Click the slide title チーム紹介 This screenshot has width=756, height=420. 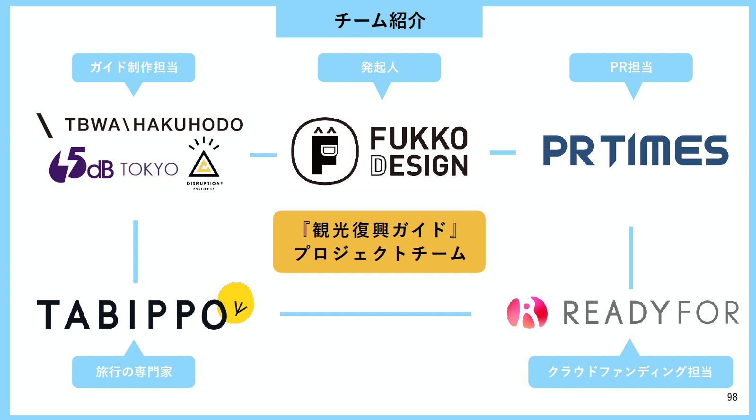coord(379,21)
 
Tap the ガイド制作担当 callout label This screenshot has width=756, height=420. coord(133,67)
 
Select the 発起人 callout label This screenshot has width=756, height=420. coord(379,67)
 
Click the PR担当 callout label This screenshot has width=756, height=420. coord(631,67)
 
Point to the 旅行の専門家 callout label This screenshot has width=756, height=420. coord(133,372)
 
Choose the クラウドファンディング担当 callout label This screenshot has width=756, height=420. coord(630,372)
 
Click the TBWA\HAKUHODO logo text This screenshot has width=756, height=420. coord(154,125)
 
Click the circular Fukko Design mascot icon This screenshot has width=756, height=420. coord(325,151)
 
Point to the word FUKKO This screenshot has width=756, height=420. coord(419,139)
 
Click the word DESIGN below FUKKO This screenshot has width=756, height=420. coord(419,166)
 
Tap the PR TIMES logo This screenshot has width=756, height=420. coord(635,150)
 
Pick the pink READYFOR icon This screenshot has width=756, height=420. coord(527,313)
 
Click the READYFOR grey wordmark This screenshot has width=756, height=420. coord(651,313)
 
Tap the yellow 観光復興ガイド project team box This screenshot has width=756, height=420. coord(379,242)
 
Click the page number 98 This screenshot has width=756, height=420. coord(732,397)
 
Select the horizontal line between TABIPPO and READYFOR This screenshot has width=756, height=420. coord(375,314)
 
